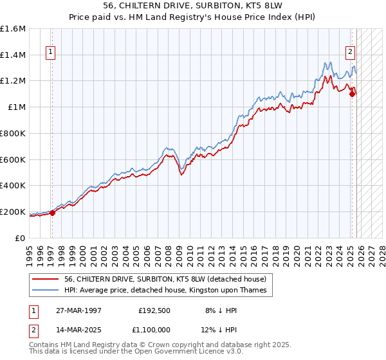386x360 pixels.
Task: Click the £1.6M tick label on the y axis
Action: (x=13, y=29)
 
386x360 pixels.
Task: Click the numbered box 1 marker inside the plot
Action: (x=50, y=53)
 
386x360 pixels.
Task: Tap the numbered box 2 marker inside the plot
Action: (x=351, y=53)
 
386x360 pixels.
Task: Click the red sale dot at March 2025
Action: (x=352, y=94)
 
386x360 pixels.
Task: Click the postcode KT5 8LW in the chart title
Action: (x=254, y=6)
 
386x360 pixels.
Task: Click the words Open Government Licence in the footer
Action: (x=197, y=353)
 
